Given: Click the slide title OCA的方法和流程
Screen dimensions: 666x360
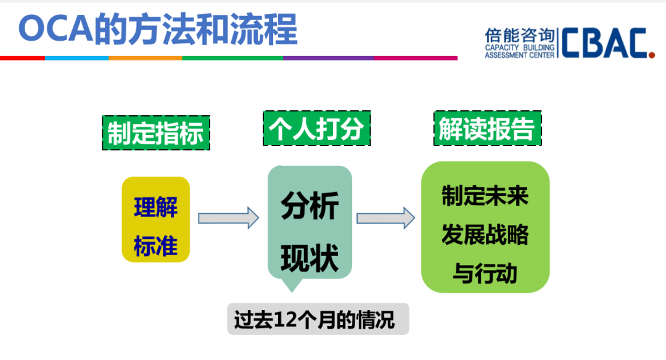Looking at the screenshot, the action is tap(158, 29).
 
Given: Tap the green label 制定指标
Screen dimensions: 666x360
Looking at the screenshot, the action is tap(156, 133).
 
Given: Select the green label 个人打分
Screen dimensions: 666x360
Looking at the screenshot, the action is tap(317, 128).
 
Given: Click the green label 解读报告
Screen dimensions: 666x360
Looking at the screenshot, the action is tap(488, 128).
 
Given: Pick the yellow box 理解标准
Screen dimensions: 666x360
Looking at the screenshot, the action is tap(156, 219).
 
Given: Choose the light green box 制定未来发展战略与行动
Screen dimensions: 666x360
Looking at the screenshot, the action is tap(485, 227).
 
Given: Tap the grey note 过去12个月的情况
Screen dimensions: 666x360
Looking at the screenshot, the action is tap(318, 319).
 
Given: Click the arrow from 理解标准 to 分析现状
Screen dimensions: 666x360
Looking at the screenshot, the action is tap(229, 218).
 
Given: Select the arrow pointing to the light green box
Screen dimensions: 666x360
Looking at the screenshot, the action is tap(385, 218).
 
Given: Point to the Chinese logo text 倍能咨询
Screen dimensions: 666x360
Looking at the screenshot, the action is tap(520, 35).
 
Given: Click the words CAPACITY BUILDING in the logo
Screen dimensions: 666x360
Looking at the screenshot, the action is tap(520, 47).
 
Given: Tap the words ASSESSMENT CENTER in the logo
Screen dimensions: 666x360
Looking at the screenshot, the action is tap(520, 55).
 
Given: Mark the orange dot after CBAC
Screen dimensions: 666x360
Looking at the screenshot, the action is tap(652, 55).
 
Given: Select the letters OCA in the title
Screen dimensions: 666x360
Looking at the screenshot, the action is tap(55, 29).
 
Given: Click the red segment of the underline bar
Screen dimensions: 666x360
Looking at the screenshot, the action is tap(23, 58).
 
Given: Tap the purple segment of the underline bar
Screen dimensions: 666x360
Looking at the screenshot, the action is tap(328, 58).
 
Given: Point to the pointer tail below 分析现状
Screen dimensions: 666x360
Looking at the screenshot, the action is tap(292, 285).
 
